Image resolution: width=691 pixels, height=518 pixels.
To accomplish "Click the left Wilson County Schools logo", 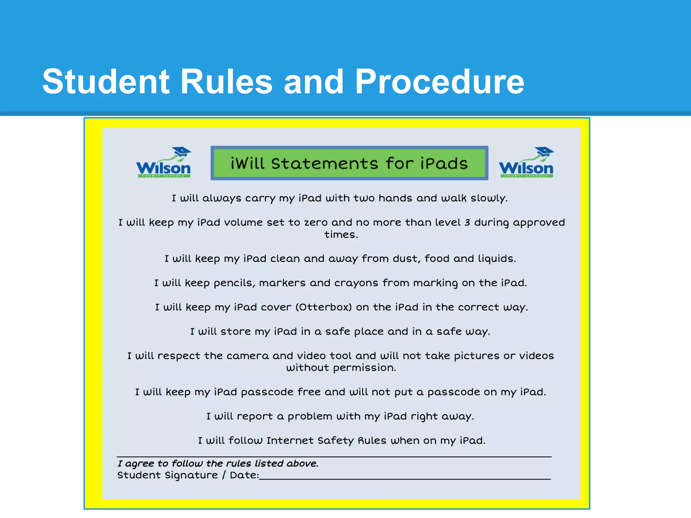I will point(164,163).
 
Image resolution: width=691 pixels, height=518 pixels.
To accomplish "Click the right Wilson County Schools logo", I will point(526,163).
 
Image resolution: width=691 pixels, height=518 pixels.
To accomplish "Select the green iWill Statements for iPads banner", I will point(349,163).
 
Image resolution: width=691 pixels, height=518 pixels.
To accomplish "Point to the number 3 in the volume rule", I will point(467,223).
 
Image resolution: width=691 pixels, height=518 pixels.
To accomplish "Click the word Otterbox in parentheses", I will point(324,307).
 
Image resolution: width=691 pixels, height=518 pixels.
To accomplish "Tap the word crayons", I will point(356,283).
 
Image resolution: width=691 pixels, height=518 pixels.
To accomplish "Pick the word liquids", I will point(496,259).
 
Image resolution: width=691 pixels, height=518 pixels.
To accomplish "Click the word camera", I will point(248,356).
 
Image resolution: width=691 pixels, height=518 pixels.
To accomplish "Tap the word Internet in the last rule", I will point(290,441).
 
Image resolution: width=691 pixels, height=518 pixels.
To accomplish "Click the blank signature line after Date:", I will point(405,476).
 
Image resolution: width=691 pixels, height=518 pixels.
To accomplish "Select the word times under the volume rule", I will point(341,234).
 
